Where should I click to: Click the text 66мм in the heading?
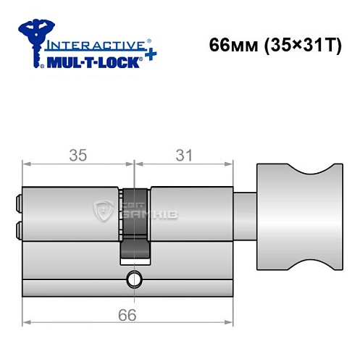(x=229, y=43)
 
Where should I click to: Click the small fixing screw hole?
(x=133, y=278)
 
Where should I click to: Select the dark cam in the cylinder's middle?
(x=135, y=224)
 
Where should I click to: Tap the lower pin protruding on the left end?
(x=17, y=231)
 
